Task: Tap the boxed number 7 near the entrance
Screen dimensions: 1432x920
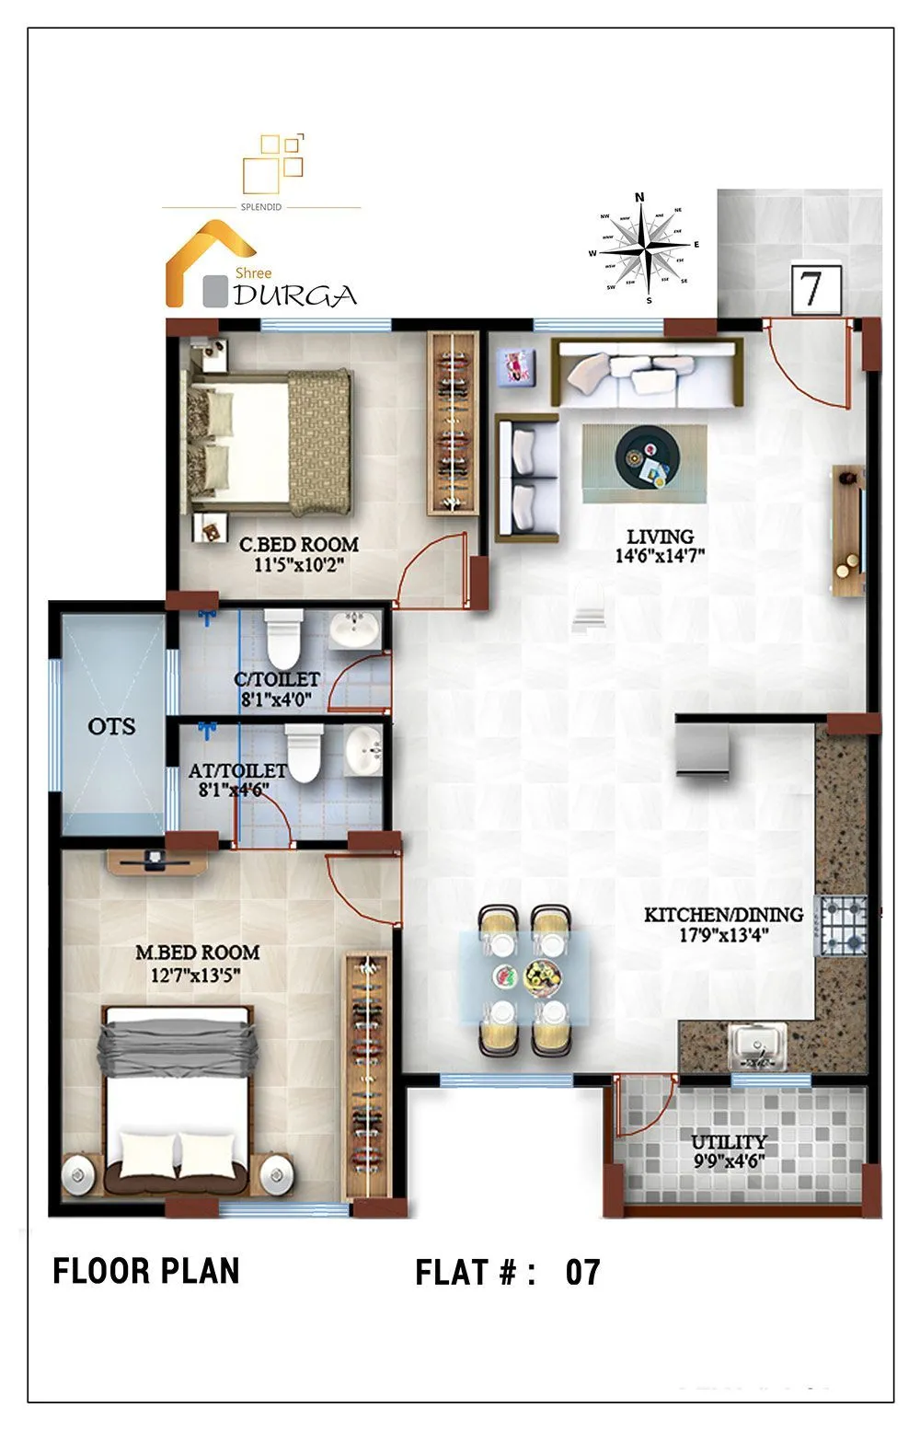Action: tap(815, 289)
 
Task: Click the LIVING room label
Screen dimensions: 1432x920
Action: tap(660, 537)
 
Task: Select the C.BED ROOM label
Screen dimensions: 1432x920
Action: tap(298, 545)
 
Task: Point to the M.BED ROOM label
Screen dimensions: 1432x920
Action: tap(198, 953)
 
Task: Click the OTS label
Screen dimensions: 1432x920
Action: tap(111, 726)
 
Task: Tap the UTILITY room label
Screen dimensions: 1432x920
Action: tap(729, 1142)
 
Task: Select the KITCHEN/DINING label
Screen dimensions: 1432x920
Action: tap(723, 915)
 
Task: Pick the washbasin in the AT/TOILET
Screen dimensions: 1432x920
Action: tap(364, 751)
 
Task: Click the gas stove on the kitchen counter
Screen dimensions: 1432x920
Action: tap(843, 925)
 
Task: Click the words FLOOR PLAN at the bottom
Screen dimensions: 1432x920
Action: tap(146, 1271)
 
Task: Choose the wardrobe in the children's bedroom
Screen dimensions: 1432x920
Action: tap(453, 423)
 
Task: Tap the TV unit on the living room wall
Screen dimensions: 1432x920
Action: tap(848, 531)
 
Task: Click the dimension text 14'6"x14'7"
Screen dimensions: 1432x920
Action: tap(660, 556)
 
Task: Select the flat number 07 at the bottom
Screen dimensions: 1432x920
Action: tap(582, 1273)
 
